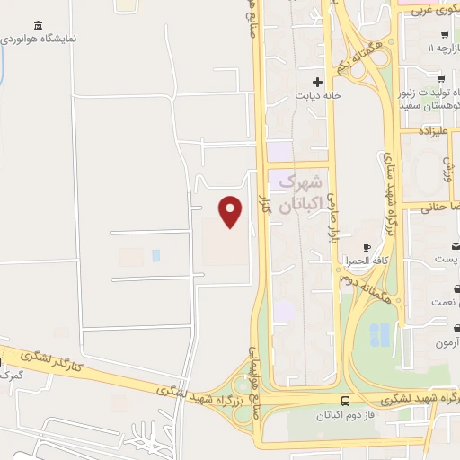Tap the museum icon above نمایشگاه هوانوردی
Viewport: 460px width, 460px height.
click(x=37, y=25)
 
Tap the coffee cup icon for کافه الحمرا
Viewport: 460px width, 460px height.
click(x=366, y=247)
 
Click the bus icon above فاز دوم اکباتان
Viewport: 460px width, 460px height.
click(x=347, y=402)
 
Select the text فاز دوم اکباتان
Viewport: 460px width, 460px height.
click(x=347, y=417)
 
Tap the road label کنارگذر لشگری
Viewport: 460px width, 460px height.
click(x=33, y=361)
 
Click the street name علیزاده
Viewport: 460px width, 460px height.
click(x=439, y=130)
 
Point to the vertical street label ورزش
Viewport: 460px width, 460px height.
click(x=447, y=170)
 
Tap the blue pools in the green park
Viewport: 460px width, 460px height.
click(x=380, y=335)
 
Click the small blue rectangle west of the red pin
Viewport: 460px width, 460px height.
click(x=155, y=255)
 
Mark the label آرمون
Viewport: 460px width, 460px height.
click(x=446, y=343)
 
